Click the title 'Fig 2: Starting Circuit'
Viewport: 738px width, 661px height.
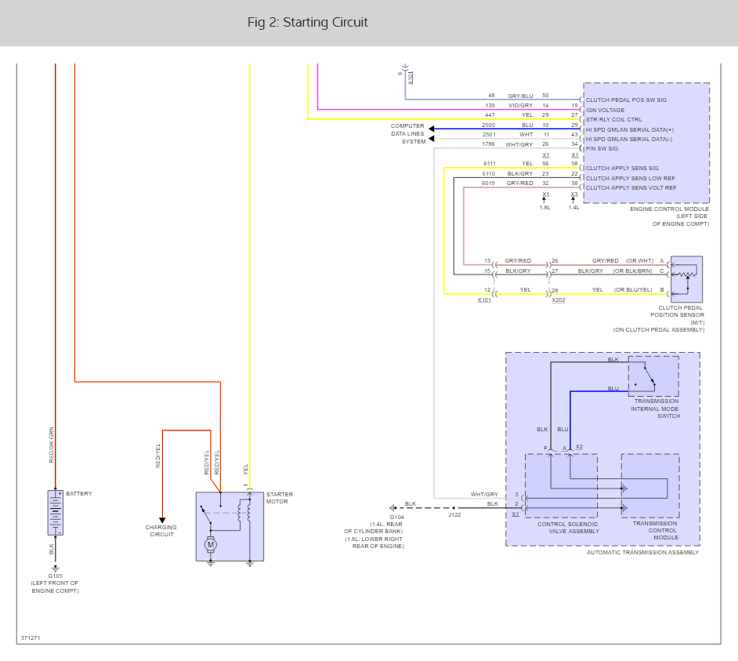pyautogui.click(x=307, y=22)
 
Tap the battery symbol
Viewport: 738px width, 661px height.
pyautogui.click(x=55, y=513)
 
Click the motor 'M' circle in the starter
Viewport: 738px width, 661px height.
pyautogui.click(x=210, y=543)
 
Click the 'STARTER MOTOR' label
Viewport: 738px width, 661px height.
pyautogui.click(x=280, y=498)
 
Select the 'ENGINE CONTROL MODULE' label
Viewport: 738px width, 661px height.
pyautogui.click(x=669, y=209)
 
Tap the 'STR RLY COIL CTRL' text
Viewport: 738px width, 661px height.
pyautogui.click(x=613, y=120)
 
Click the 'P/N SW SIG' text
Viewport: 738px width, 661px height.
pyautogui.click(x=602, y=148)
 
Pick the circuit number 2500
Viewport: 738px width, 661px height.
pyautogui.click(x=489, y=125)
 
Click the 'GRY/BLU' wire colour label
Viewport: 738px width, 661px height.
pyautogui.click(x=520, y=96)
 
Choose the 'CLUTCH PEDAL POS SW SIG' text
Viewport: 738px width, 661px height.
pyautogui.click(x=626, y=100)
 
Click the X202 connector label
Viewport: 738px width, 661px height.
pyautogui.click(x=559, y=300)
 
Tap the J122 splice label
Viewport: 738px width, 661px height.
pyautogui.click(x=454, y=514)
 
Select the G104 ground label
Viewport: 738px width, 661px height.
pyautogui.click(x=397, y=518)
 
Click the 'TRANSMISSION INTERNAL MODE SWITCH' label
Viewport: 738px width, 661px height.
pyautogui.click(x=656, y=408)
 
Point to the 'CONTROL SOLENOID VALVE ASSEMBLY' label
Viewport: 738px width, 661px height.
pyautogui.click(x=568, y=527)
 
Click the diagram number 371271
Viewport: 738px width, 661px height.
pyautogui.click(x=31, y=637)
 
